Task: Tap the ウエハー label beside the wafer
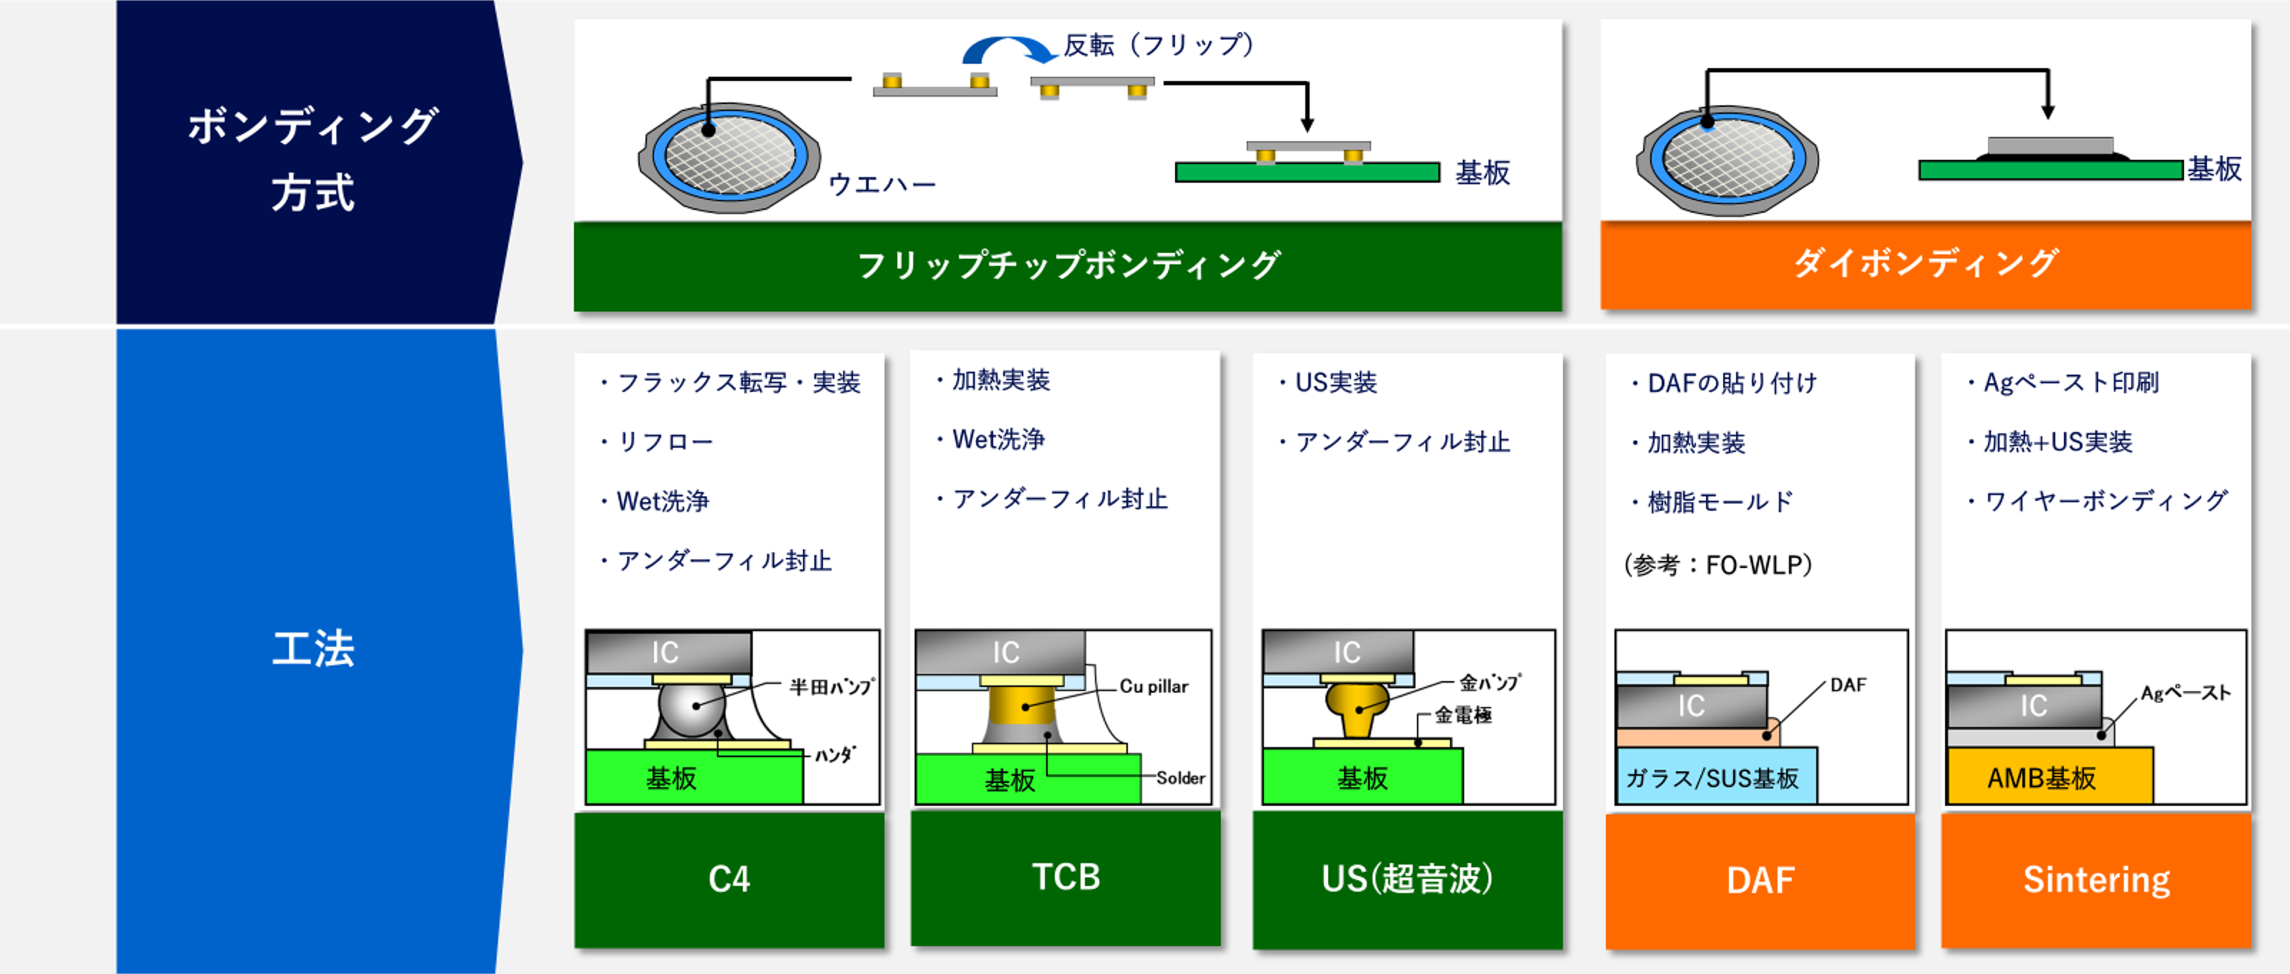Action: [882, 184]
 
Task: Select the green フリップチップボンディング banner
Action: [1068, 266]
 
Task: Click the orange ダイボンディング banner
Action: [1926, 264]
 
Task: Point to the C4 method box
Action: [729, 879]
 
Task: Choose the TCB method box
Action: [1065, 878]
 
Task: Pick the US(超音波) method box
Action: [1407, 879]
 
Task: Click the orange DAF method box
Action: [1760, 881]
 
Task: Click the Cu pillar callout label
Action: [1154, 687]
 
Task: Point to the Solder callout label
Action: [1181, 778]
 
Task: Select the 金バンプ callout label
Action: [1490, 683]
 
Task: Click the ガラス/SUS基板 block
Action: [1716, 776]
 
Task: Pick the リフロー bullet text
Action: [657, 442]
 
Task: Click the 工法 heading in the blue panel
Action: [313, 647]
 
